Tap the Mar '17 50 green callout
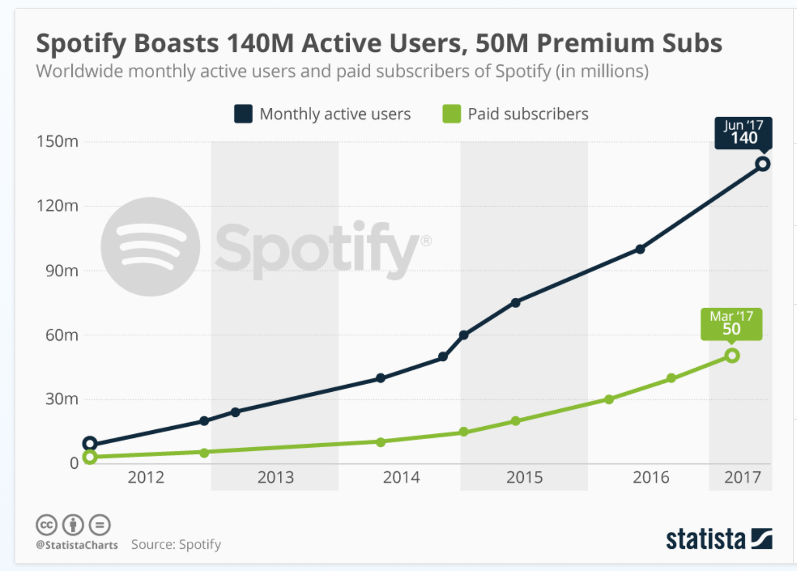731,323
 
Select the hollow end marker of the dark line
763,164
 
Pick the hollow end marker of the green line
732,355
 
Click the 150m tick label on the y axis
58,141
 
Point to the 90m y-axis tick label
62,271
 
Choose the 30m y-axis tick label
62,399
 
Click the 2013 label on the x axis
276,478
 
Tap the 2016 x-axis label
651,478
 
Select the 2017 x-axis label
742,478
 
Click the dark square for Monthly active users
243,113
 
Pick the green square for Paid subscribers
451,113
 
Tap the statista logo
718,539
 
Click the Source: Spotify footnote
176,544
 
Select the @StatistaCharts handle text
77,545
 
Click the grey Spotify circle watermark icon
150,246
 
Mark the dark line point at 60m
463,335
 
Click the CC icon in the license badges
46,525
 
